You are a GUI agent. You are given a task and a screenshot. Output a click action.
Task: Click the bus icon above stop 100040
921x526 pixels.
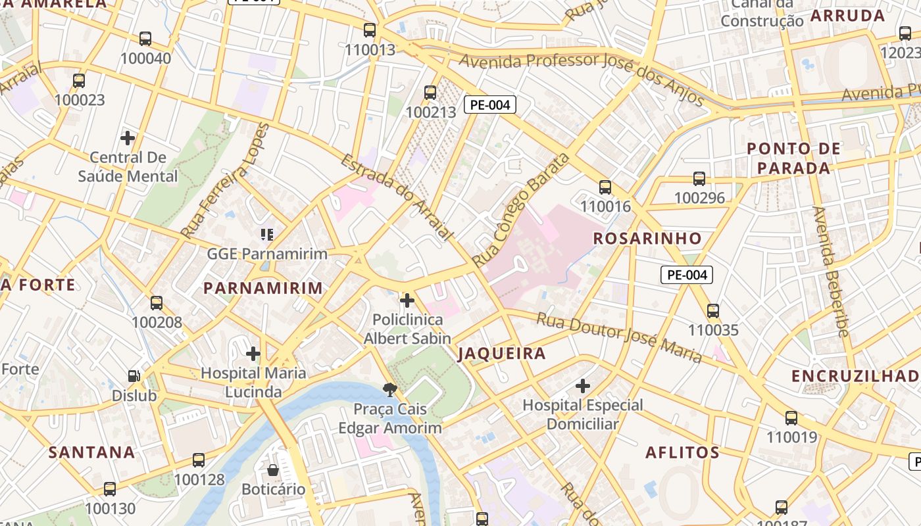point(145,39)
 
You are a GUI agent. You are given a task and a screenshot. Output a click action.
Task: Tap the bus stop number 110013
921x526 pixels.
point(370,49)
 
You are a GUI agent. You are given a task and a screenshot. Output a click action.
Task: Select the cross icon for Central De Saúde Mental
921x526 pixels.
point(128,138)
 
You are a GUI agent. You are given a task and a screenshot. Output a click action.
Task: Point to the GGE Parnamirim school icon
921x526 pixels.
point(266,234)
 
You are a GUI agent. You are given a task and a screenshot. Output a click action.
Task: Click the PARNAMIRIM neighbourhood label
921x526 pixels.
point(263,288)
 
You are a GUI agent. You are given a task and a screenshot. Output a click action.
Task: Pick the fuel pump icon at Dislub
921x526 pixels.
point(134,376)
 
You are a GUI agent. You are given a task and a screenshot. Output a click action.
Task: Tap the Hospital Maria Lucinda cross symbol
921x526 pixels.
point(253,354)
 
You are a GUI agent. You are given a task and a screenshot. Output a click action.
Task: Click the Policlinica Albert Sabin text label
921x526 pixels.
point(407,329)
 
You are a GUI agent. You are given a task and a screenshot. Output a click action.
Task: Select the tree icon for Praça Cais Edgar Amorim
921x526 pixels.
point(390,389)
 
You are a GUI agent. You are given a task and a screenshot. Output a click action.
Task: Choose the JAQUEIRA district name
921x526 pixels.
point(502,354)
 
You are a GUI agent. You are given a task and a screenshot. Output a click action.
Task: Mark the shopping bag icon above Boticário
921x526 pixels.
point(273,470)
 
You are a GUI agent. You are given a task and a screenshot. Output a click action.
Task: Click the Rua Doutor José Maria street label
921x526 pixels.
point(619,338)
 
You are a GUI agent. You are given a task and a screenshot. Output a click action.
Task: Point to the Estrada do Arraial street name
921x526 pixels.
point(397,197)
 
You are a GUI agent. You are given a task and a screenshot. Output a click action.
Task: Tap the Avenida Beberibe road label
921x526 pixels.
point(830,272)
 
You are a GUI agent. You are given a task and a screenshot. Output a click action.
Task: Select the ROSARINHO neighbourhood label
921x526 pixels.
point(647,238)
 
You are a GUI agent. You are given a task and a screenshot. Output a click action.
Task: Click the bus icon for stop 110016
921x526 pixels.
point(605,187)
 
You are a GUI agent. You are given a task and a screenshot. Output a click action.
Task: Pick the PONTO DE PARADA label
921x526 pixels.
point(793,158)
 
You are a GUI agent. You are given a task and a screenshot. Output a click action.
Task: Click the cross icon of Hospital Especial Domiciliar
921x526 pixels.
point(583,385)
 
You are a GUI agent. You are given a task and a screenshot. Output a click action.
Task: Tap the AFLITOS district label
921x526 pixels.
point(682,452)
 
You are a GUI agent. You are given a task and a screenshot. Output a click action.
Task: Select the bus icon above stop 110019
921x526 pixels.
point(791,418)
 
